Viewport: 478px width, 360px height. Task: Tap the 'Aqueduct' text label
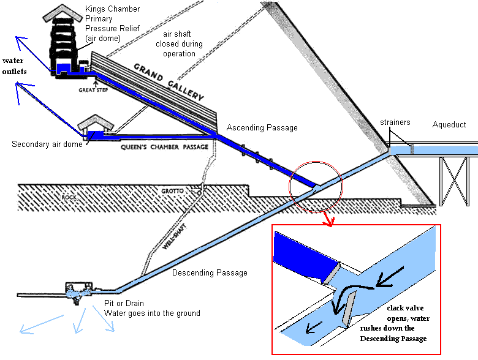coord(449,125)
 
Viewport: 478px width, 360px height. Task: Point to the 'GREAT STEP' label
coord(93,89)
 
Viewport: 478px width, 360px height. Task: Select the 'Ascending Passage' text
coord(262,128)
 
